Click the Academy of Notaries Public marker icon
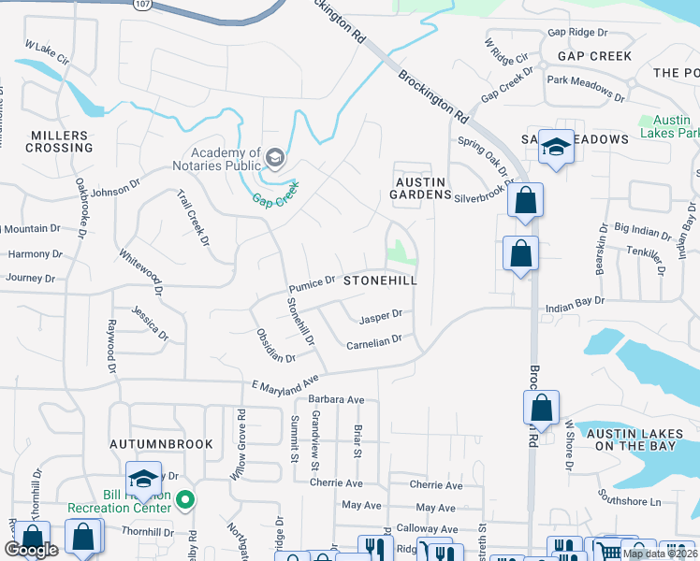[x=275, y=157]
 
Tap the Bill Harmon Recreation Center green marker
[x=185, y=499]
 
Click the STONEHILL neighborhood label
[x=379, y=280]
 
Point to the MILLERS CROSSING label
[x=61, y=141]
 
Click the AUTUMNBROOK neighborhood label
[x=160, y=443]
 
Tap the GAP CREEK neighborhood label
[x=594, y=56]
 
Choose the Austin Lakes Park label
[x=665, y=126]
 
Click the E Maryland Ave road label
[x=285, y=385]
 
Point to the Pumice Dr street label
[x=312, y=282]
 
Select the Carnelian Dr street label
[x=373, y=343]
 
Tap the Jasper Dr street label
[x=380, y=317]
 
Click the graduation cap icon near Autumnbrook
[x=143, y=478]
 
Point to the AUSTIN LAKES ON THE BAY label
[x=635, y=439]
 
